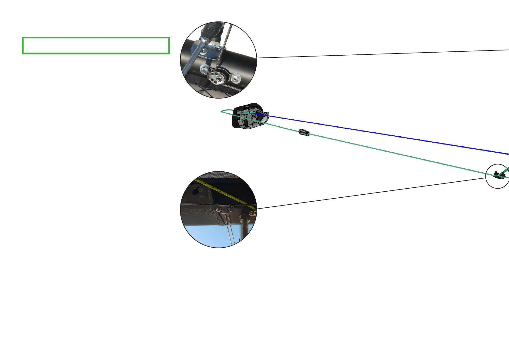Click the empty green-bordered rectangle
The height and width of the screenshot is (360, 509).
96,46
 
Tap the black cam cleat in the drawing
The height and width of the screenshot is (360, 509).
250,116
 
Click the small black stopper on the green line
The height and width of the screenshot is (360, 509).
304,132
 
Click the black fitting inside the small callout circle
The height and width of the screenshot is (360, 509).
497,175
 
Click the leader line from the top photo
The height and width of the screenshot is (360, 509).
378,54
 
